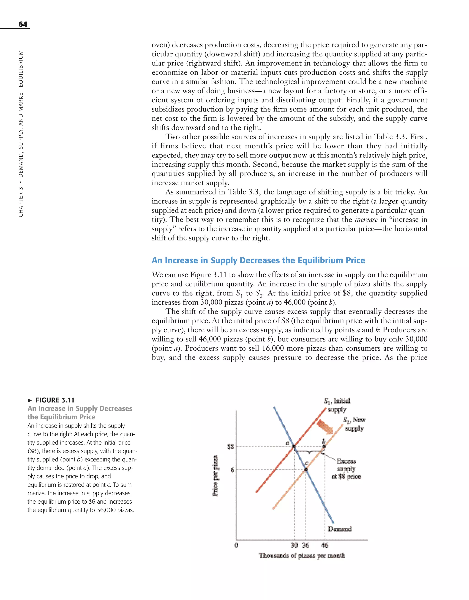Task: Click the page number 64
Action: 23,24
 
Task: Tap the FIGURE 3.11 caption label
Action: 55,400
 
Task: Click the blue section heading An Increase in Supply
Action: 258,260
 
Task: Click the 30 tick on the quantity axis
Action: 294,545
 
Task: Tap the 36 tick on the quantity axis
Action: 306,545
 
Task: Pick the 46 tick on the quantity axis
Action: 325,545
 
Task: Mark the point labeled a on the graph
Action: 294,447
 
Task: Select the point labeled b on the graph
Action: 324,447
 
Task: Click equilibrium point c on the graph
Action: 306,470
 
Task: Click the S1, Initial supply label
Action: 337,405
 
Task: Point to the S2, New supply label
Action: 354,424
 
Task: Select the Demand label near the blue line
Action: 340,529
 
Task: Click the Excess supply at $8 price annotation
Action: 346,469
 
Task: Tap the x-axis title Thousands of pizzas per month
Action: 302,556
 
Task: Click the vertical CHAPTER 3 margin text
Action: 21,134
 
